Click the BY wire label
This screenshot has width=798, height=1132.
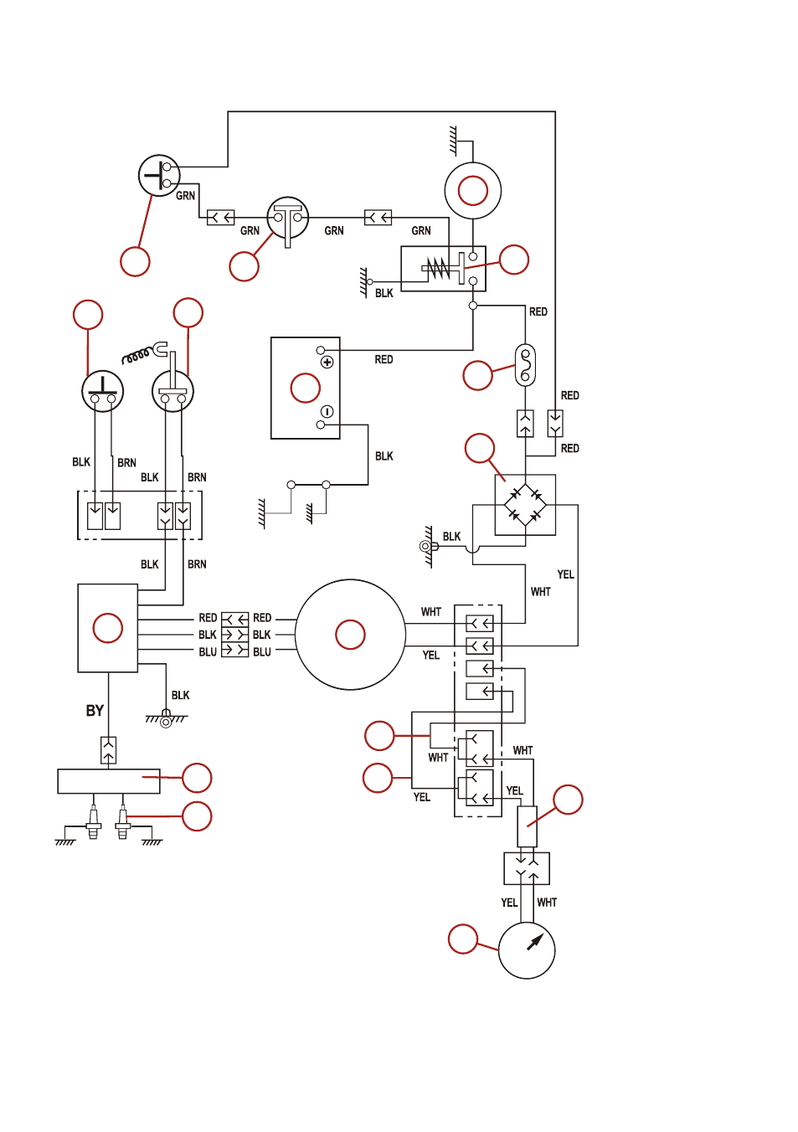pyautogui.click(x=95, y=711)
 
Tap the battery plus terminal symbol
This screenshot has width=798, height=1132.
pyautogui.click(x=327, y=362)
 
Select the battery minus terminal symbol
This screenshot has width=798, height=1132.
pyautogui.click(x=327, y=411)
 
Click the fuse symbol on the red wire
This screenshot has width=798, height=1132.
pyautogui.click(x=525, y=365)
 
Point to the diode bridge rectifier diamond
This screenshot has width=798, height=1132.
pyautogui.click(x=525, y=504)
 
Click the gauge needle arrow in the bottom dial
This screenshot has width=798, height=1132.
pyautogui.click(x=535, y=941)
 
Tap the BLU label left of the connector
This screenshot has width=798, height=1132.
pyautogui.click(x=207, y=652)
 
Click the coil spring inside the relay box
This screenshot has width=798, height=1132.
pyautogui.click(x=438, y=268)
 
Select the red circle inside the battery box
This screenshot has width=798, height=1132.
pyautogui.click(x=306, y=388)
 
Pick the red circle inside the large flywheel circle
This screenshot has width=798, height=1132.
pyautogui.click(x=350, y=634)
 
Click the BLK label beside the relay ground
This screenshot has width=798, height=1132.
pyautogui.click(x=384, y=293)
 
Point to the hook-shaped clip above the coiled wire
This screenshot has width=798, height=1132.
pyautogui.click(x=160, y=349)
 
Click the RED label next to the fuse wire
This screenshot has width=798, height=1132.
pyautogui.click(x=538, y=311)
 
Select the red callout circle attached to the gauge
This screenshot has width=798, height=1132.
pyautogui.click(x=463, y=939)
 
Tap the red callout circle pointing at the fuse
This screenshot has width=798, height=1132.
pyautogui.click(x=477, y=375)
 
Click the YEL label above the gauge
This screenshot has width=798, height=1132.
pyautogui.click(x=509, y=903)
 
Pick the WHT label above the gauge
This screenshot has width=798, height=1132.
pyautogui.click(x=547, y=903)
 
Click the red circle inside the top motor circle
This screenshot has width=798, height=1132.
pyautogui.click(x=472, y=191)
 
